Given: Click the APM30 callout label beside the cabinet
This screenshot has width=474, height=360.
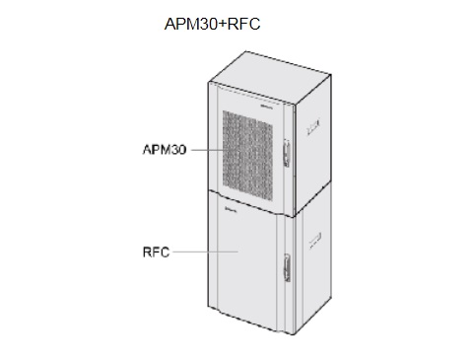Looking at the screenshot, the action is (x=165, y=151).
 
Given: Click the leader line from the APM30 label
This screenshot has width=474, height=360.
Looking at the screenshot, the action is (x=203, y=151).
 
